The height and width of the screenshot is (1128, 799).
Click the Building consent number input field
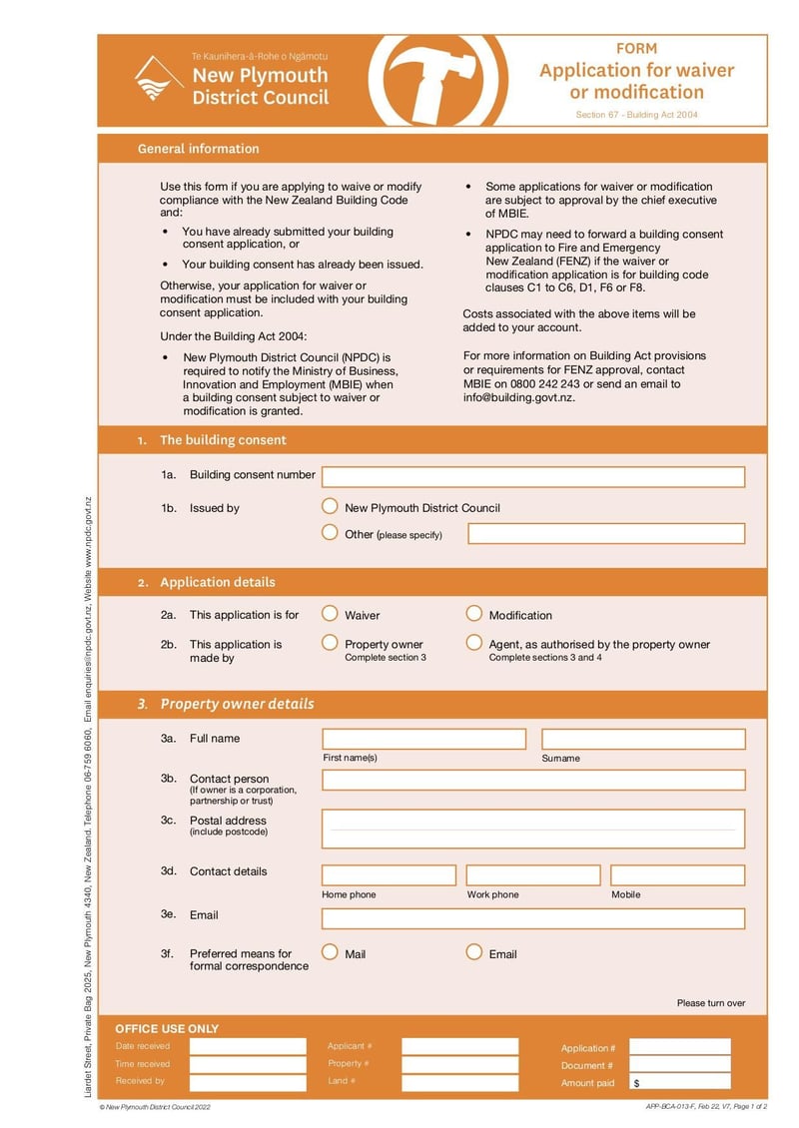point(532,477)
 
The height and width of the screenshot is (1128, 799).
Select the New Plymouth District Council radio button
point(330,507)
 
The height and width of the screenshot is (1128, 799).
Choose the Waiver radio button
point(330,614)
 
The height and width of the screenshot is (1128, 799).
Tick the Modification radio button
point(474,614)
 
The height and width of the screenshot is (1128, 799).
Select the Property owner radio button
point(330,643)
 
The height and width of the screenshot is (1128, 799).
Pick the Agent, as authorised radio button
point(474,643)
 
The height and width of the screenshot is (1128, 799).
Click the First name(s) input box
point(423,739)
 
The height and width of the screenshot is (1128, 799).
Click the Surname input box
point(643,739)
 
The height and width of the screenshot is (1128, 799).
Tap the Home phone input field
point(389,875)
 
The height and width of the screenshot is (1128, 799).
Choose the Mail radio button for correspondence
point(330,952)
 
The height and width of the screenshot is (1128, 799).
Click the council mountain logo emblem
point(159,80)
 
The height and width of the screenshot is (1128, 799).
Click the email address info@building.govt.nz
point(519,397)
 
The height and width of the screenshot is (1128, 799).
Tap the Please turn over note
point(710,1003)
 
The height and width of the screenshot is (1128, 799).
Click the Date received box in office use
point(248,1046)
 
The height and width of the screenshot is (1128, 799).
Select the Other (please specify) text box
point(606,533)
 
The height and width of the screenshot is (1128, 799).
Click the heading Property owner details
point(237,704)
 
